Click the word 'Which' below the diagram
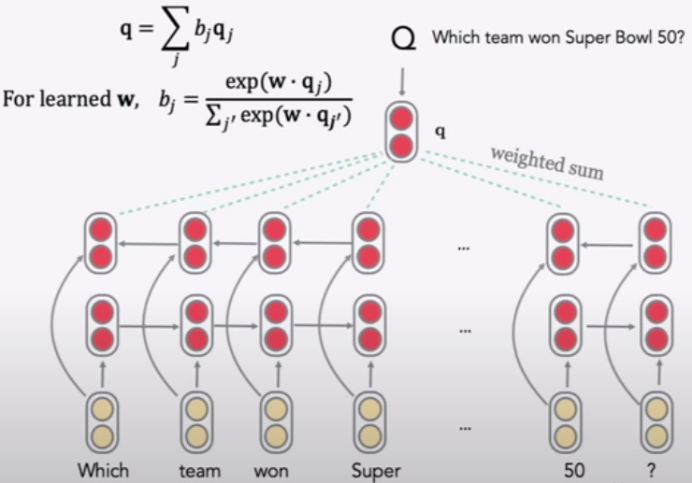click(103, 470)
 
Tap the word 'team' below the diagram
click(198, 470)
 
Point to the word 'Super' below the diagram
click(376, 470)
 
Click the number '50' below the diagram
click(574, 470)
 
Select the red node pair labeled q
click(401, 133)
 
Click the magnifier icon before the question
click(403, 40)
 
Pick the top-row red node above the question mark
click(656, 243)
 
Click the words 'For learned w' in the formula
click(67, 100)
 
